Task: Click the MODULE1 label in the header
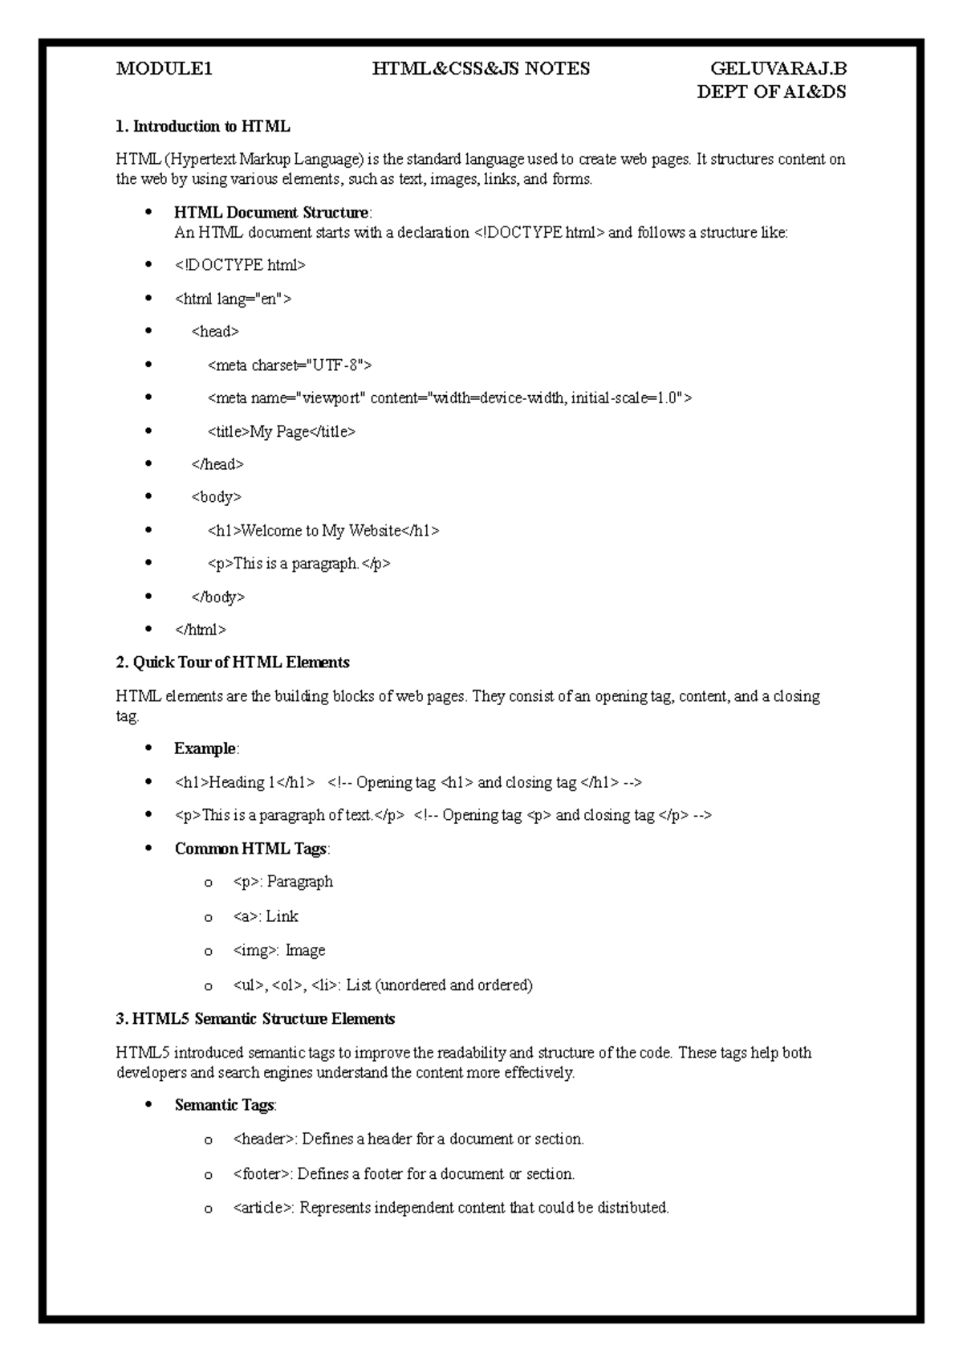pyautogui.click(x=165, y=69)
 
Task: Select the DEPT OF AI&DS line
pyautogui.click(x=771, y=92)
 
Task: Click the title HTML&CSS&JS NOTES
pyautogui.click(x=481, y=69)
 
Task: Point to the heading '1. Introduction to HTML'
pyautogui.click(x=203, y=126)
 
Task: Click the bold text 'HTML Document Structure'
pyautogui.click(x=270, y=213)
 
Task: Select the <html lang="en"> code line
pyautogui.click(x=233, y=299)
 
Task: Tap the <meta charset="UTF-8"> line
pyautogui.click(x=290, y=365)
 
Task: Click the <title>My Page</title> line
pyautogui.click(x=281, y=432)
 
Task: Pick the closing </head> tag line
pyautogui.click(x=217, y=464)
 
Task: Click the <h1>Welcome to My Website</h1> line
pyautogui.click(x=323, y=531)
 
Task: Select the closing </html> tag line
pyautogui.click(x=201, y=630)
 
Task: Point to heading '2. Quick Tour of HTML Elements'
pyautogui.click(x=233, y=663)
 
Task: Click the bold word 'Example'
pyautogui.click(x=205, y=748)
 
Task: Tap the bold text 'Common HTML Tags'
pyautogui.click(x=250, y=849)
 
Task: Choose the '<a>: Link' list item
pyautogui.click(x=266, y=916)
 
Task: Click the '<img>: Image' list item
pyautogui.click(x=279, y=951)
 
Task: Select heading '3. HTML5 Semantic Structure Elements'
pyautogui.click(x=255, y=1019)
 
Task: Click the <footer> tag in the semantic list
pyautogui.click(x=263, y=1174)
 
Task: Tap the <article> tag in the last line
pyautogui.click(x=264, y=1208)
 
